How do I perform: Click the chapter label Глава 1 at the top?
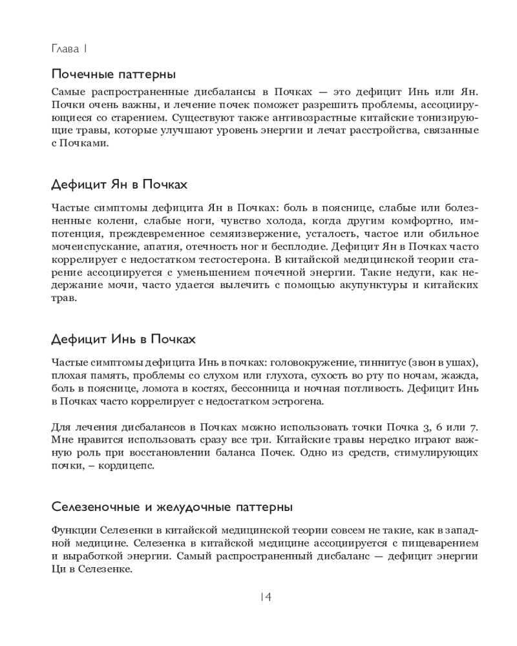click(x=69, y=49)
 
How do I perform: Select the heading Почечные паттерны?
click(x=113, y=74)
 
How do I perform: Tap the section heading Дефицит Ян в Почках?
click(x=119, y=185)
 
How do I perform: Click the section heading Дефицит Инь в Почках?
click(x=123, y=339)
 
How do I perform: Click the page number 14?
click(x=265, y=598)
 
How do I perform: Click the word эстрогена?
click(x=298, y=401)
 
